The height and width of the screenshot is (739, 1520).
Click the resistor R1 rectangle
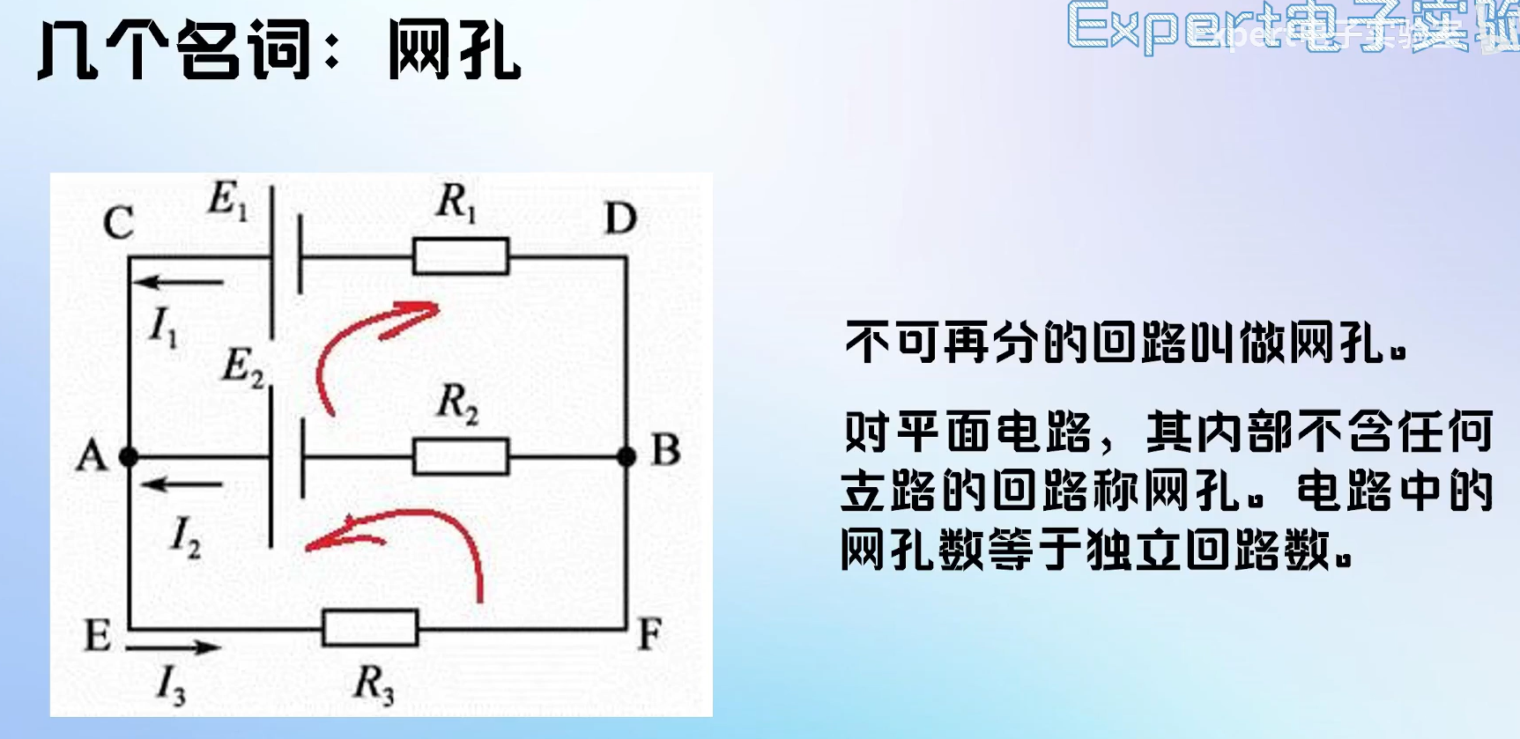pyautogui.click(x=461, y=257)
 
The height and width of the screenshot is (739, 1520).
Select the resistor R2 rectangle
pyautogui.click(x=461, y=456)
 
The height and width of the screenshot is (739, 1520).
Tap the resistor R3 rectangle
pyautogui.click(x=370, y=628)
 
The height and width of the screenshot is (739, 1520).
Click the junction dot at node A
pyautogui.click(x=129, y=456)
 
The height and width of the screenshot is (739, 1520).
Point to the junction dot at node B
pyautogui.click(x=627, y=456)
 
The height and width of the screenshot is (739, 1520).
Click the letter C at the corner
pyautogui.click(x=118, y=223)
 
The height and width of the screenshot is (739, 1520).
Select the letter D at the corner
pyautogui.click(x=620, y=218)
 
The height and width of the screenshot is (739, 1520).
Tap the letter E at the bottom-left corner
pyautogui.click(x=97, y=636)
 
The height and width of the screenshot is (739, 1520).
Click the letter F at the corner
pyautogui.click(x=649, y=634)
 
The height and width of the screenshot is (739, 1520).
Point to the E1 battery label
pyautogui.click(x=227, y=201)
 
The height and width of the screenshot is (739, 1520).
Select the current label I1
pyautogui.click(x=164, y=328)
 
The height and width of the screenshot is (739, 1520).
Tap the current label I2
pyautogui.click(x=185, y=536)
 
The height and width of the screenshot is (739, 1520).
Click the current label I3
pyautogui.click(x=171, y=685)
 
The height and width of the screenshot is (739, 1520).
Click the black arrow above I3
pyautogui.click(x=173, y=648)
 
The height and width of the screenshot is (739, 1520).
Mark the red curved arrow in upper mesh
pyautogui.click(x=361, y=344)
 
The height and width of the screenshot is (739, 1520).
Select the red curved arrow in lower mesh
pyautogui.click(x=414, y=537)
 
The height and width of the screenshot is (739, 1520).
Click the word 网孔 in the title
pyautogui.click(x=455, y=51)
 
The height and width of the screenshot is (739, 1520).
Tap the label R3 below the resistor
pyautogui.click(x=374, y=684)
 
